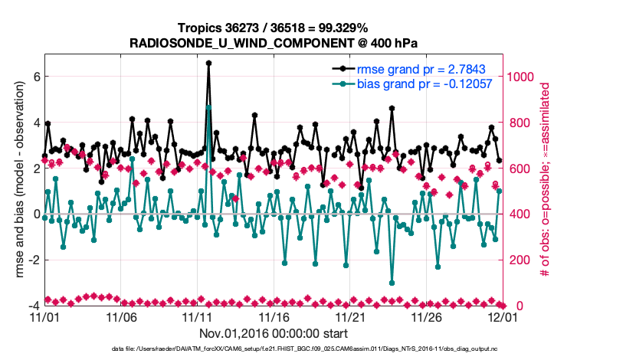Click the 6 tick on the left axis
[35, 77]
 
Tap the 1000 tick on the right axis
[523, 77]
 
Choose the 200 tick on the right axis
[520, 260]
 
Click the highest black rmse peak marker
[208, 64]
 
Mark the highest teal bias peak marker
[208, 107]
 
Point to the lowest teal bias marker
[392, 283]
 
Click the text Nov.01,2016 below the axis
[232, 333]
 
